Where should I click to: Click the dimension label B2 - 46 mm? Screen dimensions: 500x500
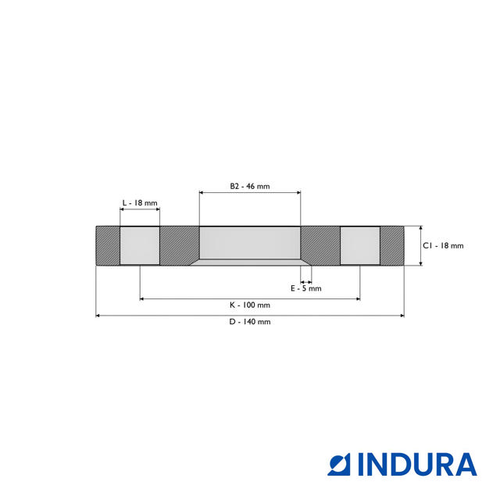pyautogui.click(x=250, y=186)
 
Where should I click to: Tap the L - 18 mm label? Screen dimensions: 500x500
pyautogui.click(x=140, y=203)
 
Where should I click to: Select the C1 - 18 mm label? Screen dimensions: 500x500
pyautogui.click(x=443, y=245)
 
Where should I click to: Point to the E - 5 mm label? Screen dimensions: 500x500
pyautogui.click(x=305, y=288)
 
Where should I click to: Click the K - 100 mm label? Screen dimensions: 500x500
pyautogui.click(x=250, y=305)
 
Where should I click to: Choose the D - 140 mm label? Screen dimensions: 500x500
pyautogui.click(x=250, y=322)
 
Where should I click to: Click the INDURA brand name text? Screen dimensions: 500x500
pyautogui.click(x=417, y=464)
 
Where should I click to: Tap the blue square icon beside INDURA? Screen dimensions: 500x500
pyautogui.click(x=338, y=464)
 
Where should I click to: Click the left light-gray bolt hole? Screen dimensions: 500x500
pyautogui.click(x=140, y=245)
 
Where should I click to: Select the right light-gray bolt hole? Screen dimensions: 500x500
pyautogui.click(x=360, y=245)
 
